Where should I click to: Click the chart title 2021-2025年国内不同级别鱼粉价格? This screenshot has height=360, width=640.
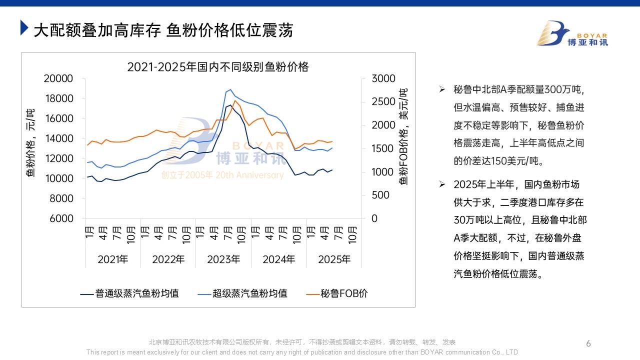218,66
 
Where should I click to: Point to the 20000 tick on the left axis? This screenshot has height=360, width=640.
58,78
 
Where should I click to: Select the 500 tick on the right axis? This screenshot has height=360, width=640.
380,195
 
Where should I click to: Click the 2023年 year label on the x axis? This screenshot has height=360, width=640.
223,259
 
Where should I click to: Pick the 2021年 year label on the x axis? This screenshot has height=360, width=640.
113,259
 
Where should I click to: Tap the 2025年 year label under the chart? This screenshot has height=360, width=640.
334,259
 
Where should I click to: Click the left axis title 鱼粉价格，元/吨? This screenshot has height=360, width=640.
30,143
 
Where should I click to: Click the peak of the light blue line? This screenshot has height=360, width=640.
230,90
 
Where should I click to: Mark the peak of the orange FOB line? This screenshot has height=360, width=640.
235,100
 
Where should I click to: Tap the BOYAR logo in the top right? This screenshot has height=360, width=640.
572,33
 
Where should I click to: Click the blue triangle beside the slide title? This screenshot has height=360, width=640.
24,28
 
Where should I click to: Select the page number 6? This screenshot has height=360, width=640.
588,343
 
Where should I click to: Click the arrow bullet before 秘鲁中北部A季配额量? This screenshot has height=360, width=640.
442,89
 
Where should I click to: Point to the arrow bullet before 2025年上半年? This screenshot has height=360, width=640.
442,184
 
